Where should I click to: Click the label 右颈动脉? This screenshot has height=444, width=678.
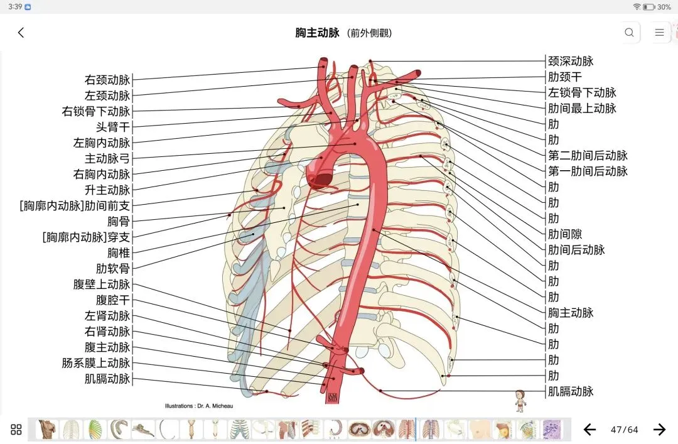pyautogui.click(x=107, y=80)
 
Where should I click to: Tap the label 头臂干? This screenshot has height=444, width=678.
pyautogui.click(x=113, y=127)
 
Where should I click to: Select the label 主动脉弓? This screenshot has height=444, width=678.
pyautogui.click(x=107, y=159)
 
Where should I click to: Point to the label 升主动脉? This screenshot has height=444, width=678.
pyautogui.click(x=107, y=190)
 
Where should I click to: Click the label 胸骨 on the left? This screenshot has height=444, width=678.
pyautogui.click(x=119, y=222)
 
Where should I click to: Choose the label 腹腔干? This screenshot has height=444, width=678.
pyautogui.click(x=113, y=300)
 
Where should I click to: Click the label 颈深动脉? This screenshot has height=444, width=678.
pyautogui.click(x=571, y=62)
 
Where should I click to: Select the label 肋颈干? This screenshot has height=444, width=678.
pyautogui.click(x=565, y=77)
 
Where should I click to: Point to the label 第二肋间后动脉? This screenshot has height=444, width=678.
pyautogui.click(x=588, y=156)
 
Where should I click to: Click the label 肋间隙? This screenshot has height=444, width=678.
pyautogui.click(x=565, y=234)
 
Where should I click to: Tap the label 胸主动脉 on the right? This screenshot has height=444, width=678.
pyautogui.click(x=571, y=313)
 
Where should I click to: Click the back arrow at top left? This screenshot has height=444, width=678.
pyautogui.click(x=21, y=33)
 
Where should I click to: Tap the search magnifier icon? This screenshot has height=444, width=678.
pyautogui.click(x=629, y=33)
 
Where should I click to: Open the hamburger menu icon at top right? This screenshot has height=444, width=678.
pyautogui.click(x=659, y=33)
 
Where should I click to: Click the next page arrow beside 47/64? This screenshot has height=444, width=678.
pyautogui.click(x=659, y=430)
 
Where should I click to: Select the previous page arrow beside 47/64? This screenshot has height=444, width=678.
pyautogui.click(x=589, y=430)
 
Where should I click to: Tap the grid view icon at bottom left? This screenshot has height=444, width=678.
pyautogui.click(x=16, y=430)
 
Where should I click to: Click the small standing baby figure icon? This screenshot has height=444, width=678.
pyautogui.click(x=520, y=400)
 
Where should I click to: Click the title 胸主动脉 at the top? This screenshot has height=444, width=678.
pyautogui.click(x=317, y=33)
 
